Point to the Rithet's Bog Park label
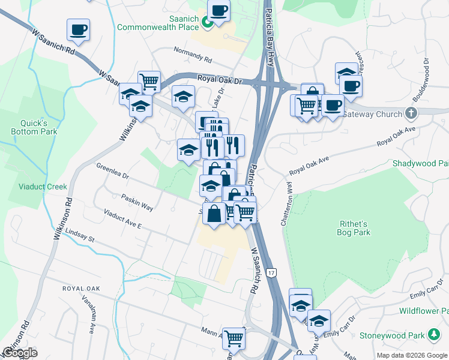[x=353, y=228]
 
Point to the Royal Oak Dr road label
[x=219, y=79]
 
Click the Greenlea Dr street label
[x=112, y=171]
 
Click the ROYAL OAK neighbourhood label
[x=80, y=289]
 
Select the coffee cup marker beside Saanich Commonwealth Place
[x=218, y=10]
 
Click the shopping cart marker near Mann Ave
[x=234, y=337]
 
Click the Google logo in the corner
[x=19, y=353]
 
